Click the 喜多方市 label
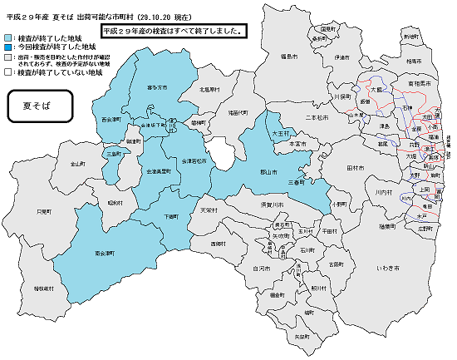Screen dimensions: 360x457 point(157,87)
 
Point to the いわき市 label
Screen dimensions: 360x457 point(387,269)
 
